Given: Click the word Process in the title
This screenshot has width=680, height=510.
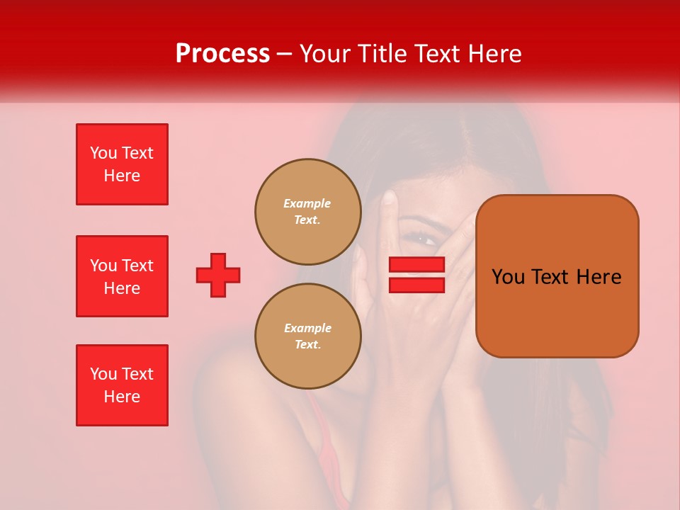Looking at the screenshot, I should [x=222, y=54].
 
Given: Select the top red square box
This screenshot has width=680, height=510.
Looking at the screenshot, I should [x=122, y=164].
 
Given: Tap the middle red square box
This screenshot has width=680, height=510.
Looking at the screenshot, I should [x=122, y=276].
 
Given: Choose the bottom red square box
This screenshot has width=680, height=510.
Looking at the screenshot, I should [x=122, y=385].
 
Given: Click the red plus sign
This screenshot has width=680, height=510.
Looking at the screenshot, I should [x=218, y=275].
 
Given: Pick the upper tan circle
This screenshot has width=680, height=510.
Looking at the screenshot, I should [x=307, y=211].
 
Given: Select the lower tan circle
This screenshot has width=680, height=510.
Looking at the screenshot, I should [x=307, y=336].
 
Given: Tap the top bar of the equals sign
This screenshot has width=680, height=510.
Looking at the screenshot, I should [x=416, y=264].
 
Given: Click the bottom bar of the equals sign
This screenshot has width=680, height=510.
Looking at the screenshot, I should [x=416, y=285].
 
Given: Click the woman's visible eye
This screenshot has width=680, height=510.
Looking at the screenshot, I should [x=426, y=239].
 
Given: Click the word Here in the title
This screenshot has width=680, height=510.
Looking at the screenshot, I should [x=495, y=54].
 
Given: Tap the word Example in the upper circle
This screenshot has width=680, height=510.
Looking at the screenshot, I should [x=307, y=203].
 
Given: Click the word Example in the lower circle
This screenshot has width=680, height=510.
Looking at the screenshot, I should [x=307, y=328].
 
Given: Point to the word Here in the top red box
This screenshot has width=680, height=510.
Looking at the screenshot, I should [x=122, y=176].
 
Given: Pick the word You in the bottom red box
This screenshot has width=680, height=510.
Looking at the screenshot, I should [x=103, y=374].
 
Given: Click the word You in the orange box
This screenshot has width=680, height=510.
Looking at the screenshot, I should [x=508, y=277].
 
